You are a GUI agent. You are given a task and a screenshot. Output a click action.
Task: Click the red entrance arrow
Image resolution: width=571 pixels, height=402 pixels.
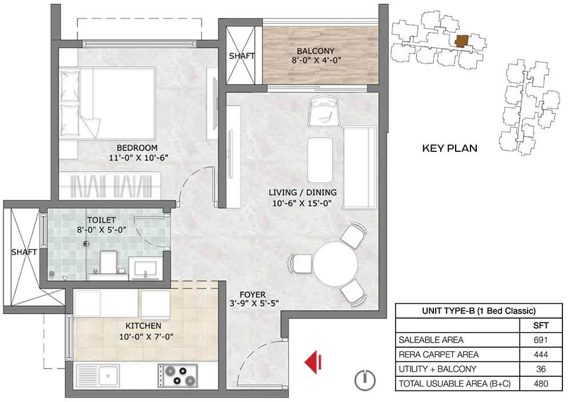[x=313, y=362]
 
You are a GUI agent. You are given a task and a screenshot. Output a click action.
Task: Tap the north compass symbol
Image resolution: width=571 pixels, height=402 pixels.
[x=365, y=380]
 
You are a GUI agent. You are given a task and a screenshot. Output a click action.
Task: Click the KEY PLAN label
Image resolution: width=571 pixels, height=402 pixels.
[x=449, y=148]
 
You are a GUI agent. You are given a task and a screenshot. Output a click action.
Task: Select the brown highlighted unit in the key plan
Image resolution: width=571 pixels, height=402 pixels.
[x=462, y=41]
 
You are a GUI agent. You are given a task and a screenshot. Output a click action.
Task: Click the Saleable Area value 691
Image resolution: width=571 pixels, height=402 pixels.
[x=540, y=340]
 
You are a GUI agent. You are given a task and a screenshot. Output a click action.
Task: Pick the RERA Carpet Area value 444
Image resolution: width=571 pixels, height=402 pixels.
[x=540, y=354]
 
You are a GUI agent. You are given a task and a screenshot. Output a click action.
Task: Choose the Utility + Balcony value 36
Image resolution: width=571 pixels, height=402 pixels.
[x=541, y=369]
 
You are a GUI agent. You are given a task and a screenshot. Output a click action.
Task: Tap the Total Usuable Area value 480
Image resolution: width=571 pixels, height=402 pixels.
[x=540, y=383]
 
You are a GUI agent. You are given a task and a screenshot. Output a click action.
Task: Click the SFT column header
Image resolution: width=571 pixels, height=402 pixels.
[x=541, y=325]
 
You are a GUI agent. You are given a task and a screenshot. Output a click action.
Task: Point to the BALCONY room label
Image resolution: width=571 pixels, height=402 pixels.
[x=315, y=51]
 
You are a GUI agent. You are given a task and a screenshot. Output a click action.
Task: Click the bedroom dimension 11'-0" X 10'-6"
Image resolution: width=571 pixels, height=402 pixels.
[x=138, y=158]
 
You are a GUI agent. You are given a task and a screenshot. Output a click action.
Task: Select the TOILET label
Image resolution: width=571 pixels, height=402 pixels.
[x=101, y=220]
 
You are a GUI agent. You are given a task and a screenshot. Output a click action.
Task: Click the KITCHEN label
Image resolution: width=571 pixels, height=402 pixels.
[x=143, y=325]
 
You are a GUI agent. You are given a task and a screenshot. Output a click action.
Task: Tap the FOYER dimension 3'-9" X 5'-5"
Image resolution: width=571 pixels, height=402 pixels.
[x=254, y=303]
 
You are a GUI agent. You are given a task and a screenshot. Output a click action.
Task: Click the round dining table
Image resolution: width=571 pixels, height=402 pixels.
[x=335, y=264]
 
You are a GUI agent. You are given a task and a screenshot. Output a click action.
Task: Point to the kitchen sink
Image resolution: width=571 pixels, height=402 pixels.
[x=98, y=375]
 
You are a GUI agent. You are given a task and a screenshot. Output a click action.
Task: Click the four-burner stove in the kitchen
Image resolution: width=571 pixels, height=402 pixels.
[x=178, y=375]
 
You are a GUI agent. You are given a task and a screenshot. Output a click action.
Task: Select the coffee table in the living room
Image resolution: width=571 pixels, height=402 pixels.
[x=320, y=159]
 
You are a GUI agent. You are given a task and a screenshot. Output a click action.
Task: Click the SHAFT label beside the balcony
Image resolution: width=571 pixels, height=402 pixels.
[x=242, y=56]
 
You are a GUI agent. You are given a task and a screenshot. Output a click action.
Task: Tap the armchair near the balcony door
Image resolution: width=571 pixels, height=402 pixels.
[x=324, y=111]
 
